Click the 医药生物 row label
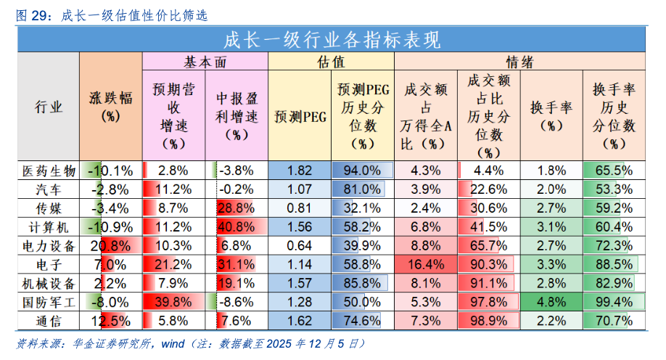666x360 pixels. pos(48,171)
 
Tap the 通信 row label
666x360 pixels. pos(48,319)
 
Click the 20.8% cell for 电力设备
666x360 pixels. pos(110,245)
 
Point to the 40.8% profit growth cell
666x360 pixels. pos(236,226)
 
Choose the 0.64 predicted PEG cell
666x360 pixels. pos(300,245)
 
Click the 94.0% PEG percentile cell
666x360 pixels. pos(362,171)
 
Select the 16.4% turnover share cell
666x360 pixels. pos(426,263)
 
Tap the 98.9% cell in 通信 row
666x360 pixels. pos(488,319)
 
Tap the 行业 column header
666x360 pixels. pos(48,107)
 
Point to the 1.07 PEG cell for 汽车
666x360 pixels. pos(300,189)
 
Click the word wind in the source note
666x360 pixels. pos(180,343)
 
